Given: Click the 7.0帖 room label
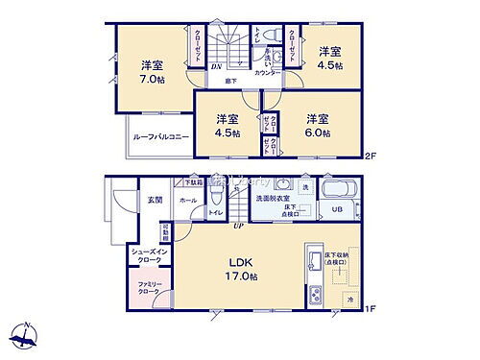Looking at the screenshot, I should point(151,72).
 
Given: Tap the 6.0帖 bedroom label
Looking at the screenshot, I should point(319,125).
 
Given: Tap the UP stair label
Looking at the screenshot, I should point(237,225).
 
